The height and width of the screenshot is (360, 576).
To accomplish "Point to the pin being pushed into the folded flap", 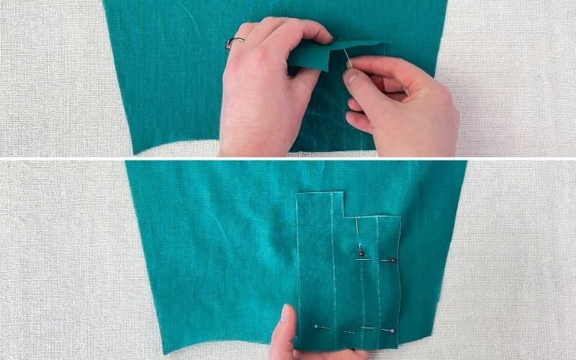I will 348,58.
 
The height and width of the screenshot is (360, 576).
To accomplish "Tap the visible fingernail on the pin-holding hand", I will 352,78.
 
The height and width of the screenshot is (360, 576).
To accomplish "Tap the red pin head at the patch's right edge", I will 393,260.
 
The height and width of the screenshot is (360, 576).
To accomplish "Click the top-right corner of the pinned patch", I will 400,217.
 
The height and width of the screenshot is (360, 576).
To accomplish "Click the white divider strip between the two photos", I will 288,157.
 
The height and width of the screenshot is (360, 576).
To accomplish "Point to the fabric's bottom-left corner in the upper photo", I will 130,152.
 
